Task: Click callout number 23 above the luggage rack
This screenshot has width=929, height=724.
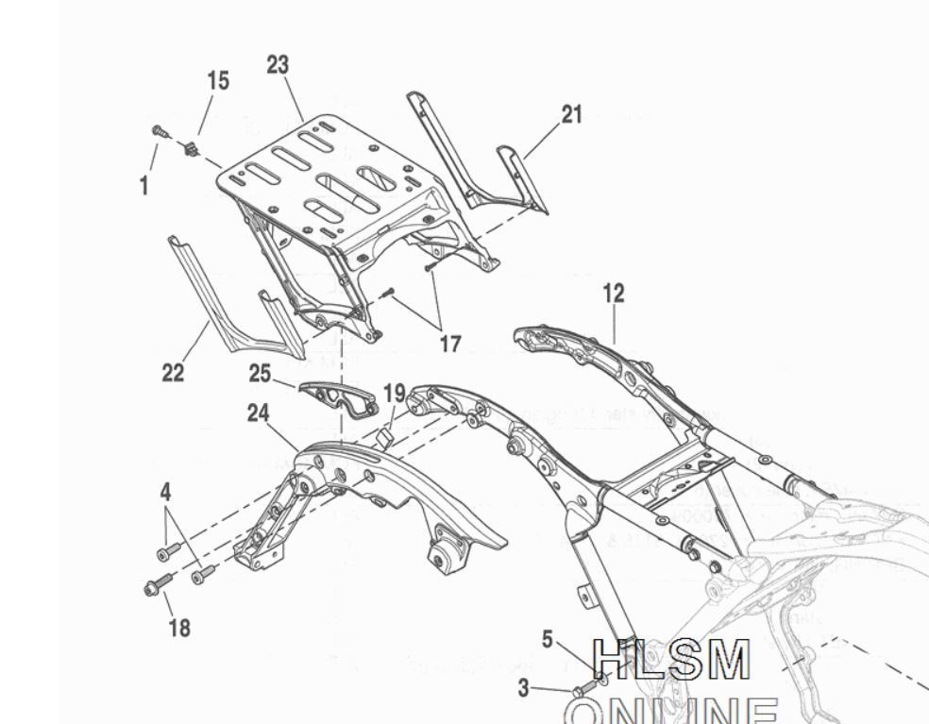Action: click(278, 65)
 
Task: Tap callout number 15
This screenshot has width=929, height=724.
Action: click(218, 81)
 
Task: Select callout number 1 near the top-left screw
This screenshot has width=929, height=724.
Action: click(144, 186)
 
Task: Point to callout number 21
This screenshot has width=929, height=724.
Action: click(571, 115)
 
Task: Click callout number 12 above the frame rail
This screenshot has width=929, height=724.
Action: click(614, 294)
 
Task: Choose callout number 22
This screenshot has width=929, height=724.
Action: click(172, 373)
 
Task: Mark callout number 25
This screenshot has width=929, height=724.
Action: click(261, 374)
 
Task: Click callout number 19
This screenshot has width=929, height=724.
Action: click(394, 393)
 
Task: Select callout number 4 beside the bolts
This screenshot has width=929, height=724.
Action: click(165, 492)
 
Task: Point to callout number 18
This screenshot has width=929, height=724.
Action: click(177, 628)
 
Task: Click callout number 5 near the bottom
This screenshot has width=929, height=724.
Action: click(548, 640)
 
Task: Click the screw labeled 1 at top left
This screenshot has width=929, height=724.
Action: click(160, 133)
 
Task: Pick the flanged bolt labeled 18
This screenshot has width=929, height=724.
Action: click(155, 586)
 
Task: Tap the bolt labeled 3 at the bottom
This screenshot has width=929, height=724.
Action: click(583, 691)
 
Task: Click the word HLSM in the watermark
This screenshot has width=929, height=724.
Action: click(672, 661)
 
